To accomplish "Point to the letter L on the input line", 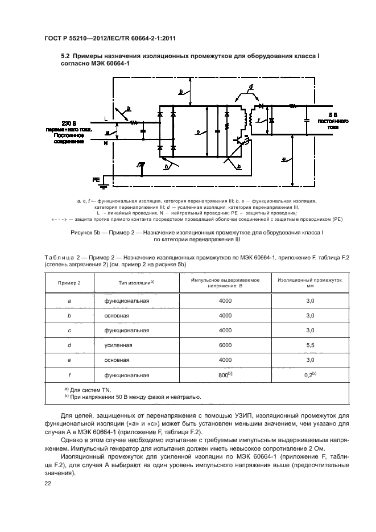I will tap(105, 118).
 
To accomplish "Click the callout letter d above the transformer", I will tap(250, 86).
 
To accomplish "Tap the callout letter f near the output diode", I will tap(259, 120).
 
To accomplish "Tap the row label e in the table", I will tap(69, 360).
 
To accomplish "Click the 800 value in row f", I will tap(224, 375).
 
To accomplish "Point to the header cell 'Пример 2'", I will tap(69, 283).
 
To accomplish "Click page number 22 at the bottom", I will tap(48, 482).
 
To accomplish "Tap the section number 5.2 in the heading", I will tap(67, 55).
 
